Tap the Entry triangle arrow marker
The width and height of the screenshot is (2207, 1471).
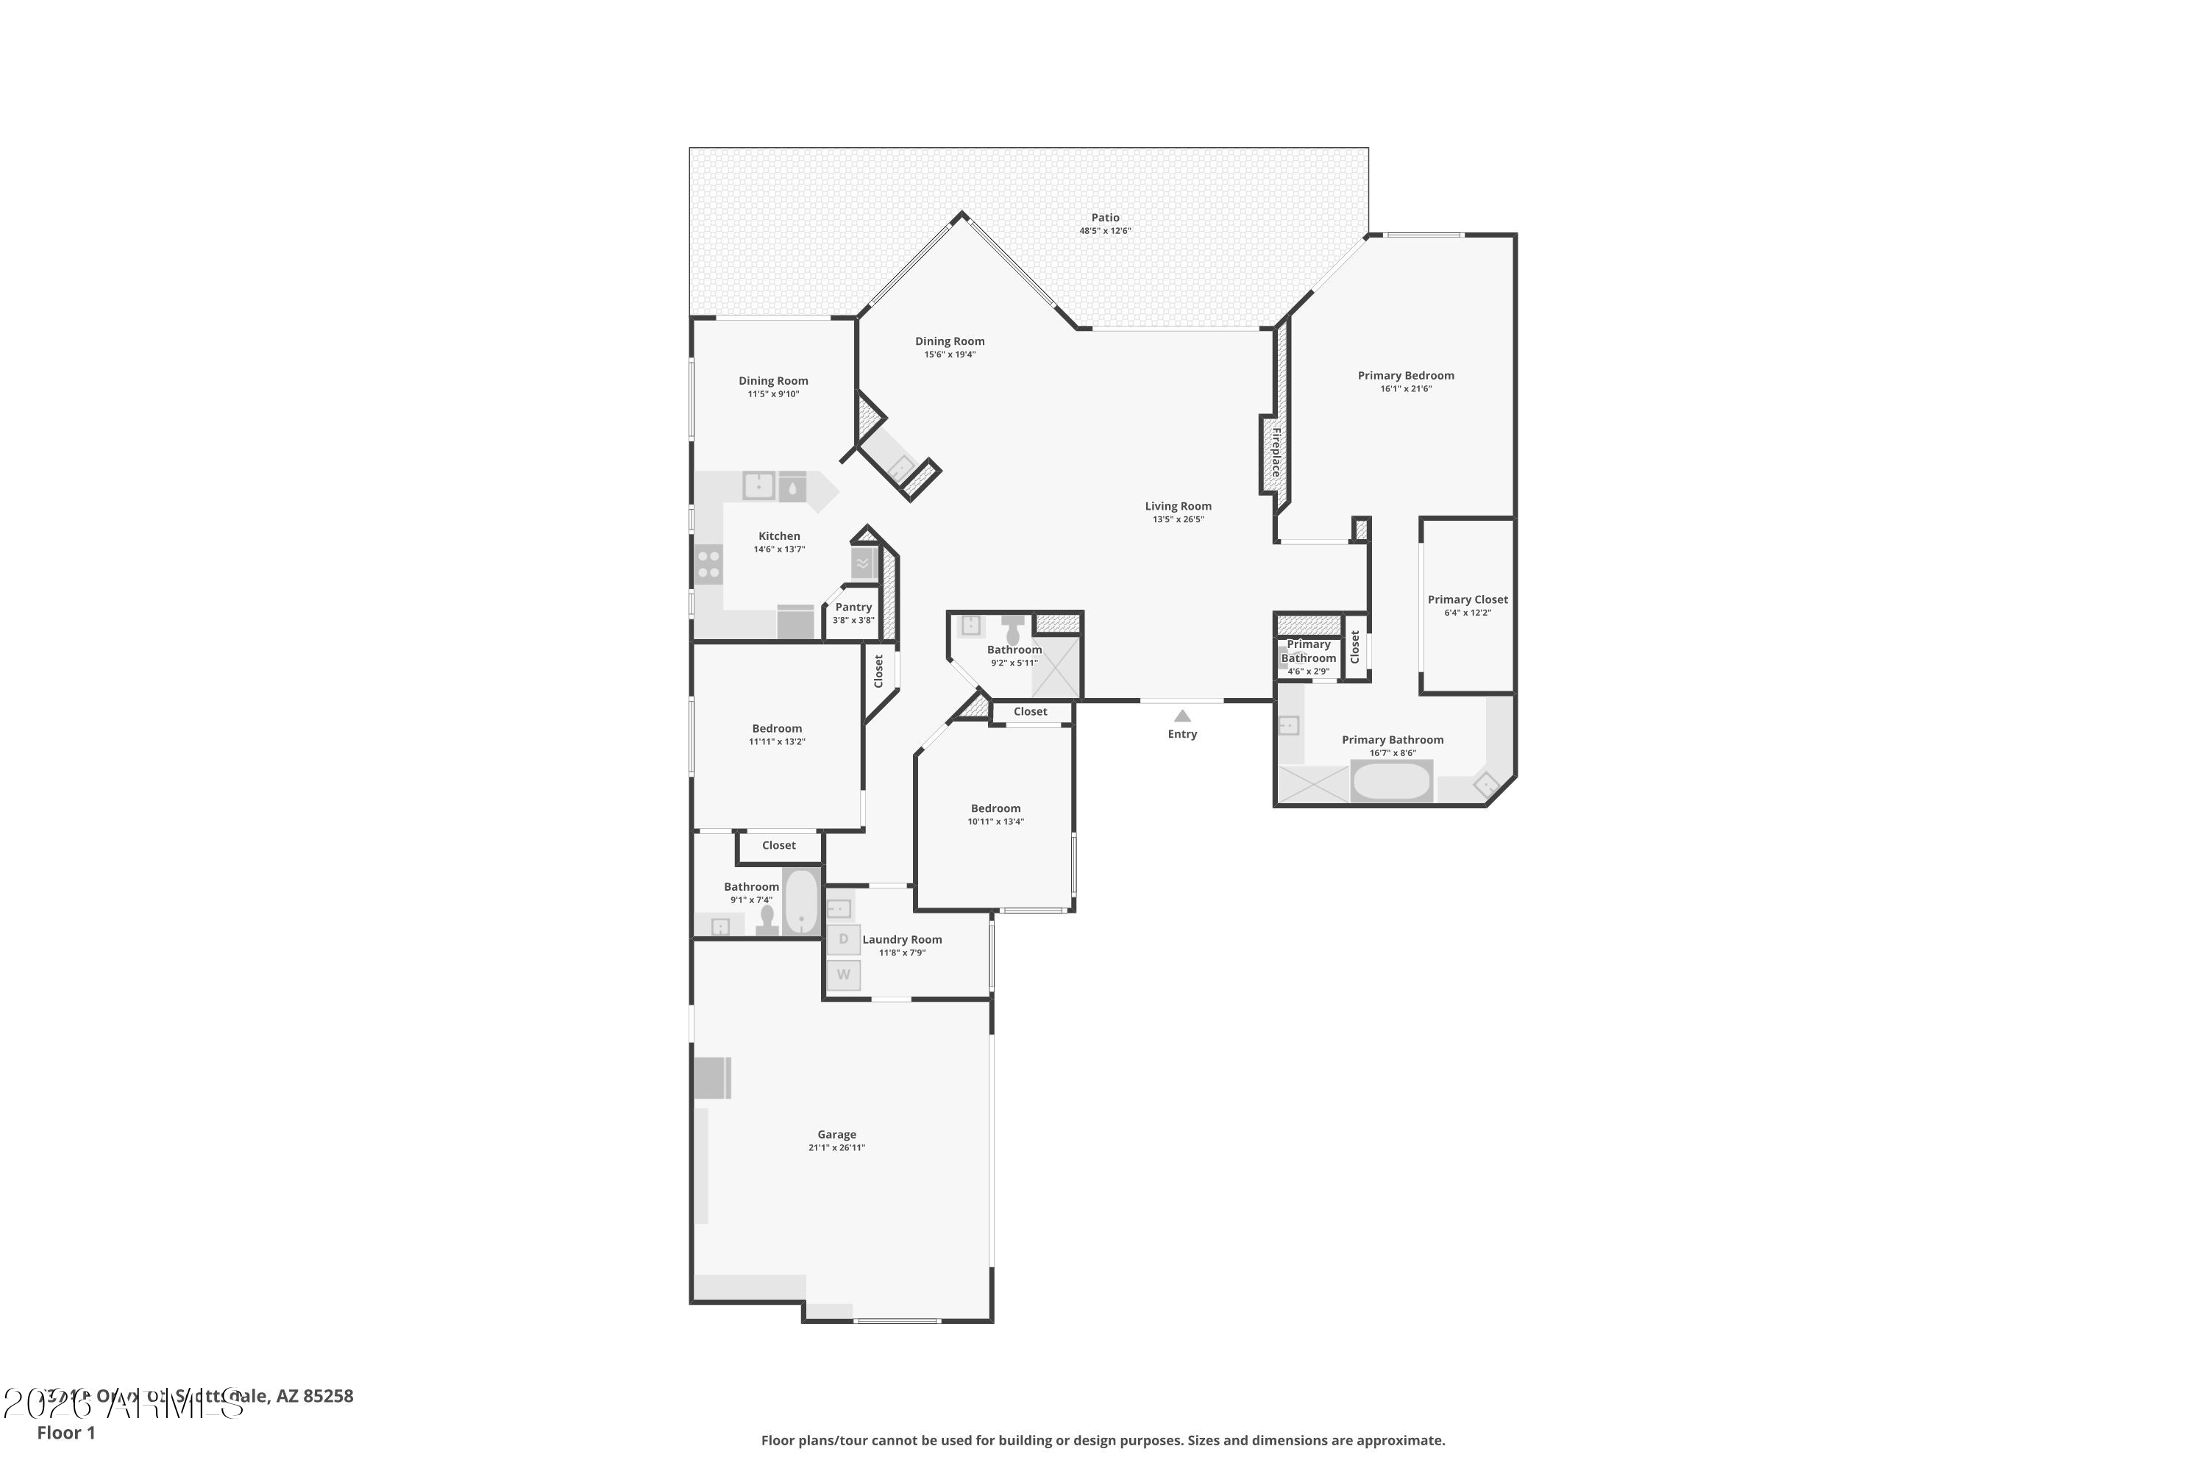1182,716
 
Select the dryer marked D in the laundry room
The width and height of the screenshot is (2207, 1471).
842,939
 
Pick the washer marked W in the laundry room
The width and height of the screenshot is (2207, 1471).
842,975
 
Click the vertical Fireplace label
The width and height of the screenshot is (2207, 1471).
1275,452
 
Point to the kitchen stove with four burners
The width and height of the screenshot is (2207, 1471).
708,565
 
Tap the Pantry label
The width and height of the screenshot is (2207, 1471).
853,607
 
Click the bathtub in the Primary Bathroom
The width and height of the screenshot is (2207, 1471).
1392,781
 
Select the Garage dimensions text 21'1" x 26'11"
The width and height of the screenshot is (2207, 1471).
836,1147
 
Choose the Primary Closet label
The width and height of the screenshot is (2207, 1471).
1468,599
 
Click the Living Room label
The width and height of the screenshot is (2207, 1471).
1178,506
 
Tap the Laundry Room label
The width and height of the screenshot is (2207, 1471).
902,939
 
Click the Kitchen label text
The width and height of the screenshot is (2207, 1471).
779,535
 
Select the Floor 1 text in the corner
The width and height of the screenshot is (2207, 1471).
65,1433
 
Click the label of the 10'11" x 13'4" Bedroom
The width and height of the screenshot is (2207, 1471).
995,808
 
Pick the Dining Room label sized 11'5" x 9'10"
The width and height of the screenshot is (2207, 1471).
772,381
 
